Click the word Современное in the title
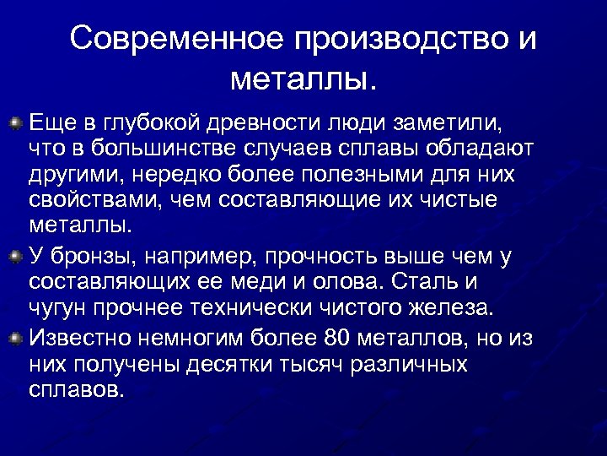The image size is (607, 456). click(175, 40)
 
